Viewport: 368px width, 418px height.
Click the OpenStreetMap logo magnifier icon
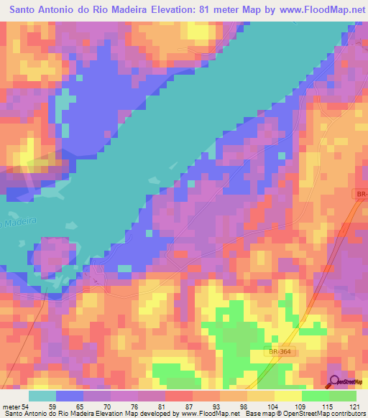point(334,381)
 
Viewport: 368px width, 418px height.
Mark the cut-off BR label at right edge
point(361,194)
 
